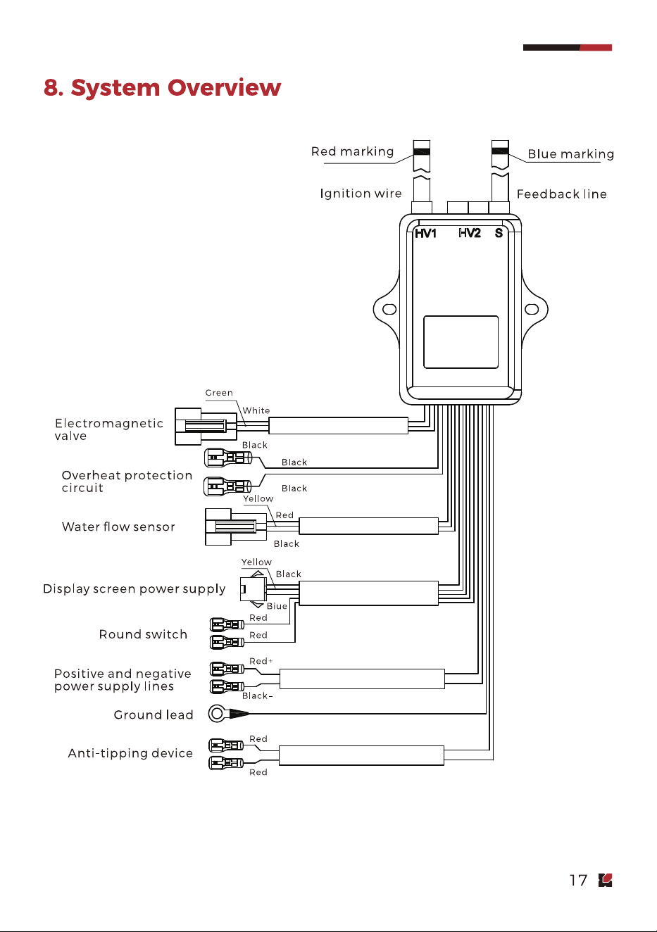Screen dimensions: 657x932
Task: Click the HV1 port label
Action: pyautogui.click(x=425, y=234)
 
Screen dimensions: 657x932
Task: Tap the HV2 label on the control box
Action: pyautogui.click(x=470, y=233)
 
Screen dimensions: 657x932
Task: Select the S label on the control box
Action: pyautogui.click(x=499, y=233)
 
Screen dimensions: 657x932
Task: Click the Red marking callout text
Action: pyautogui.click(x=352, y=151)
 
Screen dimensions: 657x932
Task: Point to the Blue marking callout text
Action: pyautogui.click(x=571, y=154)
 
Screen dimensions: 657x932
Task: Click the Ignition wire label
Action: pyautogui.click(x=361, y=194)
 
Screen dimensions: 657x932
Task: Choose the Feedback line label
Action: pyautogui.click(x=562, y=194)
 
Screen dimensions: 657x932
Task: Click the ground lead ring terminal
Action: pyautogui.click(x=216, y=714)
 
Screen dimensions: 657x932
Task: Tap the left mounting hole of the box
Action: pyautogui.click(x=389, y=309)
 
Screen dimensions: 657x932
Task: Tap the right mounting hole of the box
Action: pyautogui.click(x=532, y=309)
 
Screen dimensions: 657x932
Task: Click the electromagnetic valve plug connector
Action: pyautogui.click(x=206, y=427)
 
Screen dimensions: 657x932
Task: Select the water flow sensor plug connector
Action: pyautogui.click(x=236, y=527)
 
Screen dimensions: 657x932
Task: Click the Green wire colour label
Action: pyautogui.click(x=219, y=393)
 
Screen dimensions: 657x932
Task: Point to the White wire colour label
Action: pyautogui.click(x=256, y=410)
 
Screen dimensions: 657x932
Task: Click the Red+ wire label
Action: pyautogui.click(x=261, y=661)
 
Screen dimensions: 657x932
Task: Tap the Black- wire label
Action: pyautogui.click(x=257, y=695)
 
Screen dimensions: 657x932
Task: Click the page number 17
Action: pyautogui.click(x=578, y=881)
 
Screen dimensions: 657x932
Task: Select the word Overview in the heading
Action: pyautogui.click(x=224, y=88)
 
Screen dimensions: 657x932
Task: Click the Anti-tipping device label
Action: pyautogui.click(x=130, y=753)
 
